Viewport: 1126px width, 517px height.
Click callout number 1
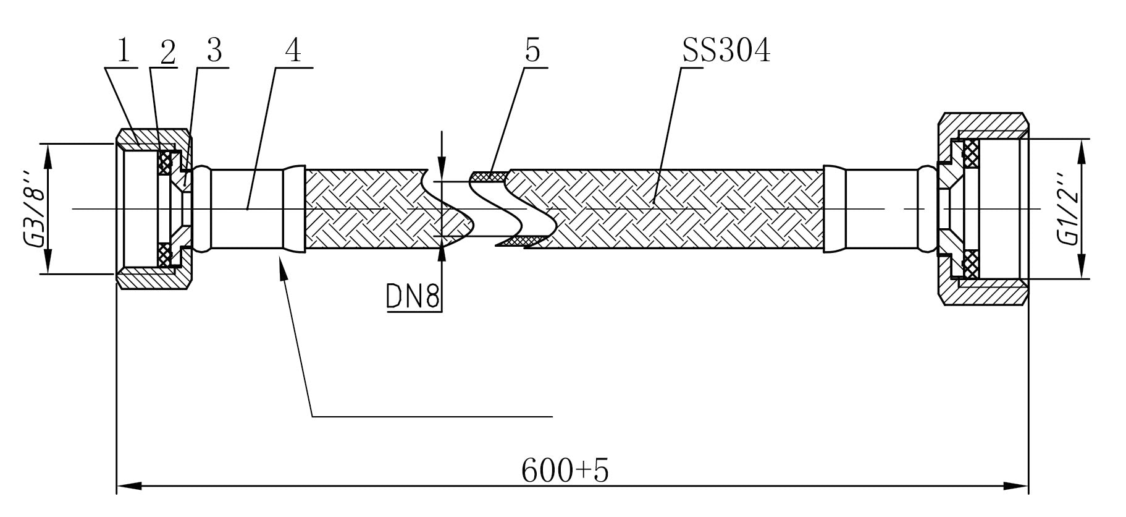pyautogui.click(x=124, y=51)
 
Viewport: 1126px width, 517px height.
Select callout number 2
pyautogui.click(x=168, y=51)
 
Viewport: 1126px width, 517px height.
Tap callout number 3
pyautogui.click(x=214, y=51)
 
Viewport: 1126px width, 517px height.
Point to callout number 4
pyautogui.click(x=293, y=51)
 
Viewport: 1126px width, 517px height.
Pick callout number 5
pyautogui.click(x=532, y=51)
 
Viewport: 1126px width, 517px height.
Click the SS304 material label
pyautogui.click(x=726, y=51)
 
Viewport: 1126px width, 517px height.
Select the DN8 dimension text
pyautogui.click(x=413, y=296)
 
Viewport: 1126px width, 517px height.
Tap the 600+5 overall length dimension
pyautogui.click(x=565, y=471)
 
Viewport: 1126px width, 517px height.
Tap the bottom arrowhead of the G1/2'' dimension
pyautogui.click(x=1082, y=267)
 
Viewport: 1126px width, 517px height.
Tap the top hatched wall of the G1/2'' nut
pyautogui.click(x=984, y=124)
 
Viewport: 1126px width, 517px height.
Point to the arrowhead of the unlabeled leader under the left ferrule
pyautogui.click(x=284, y=270)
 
